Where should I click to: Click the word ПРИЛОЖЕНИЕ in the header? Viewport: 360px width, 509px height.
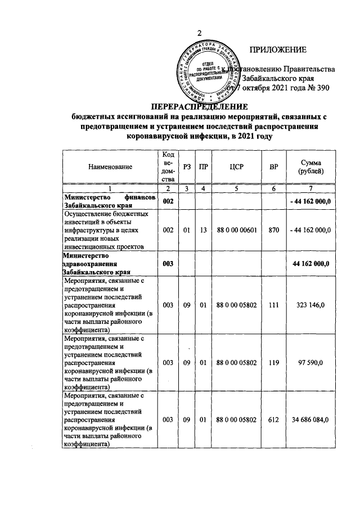pyautogui.click(x=278, y=50)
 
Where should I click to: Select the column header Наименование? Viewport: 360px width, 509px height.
pyautogui.click(x=110, y=166)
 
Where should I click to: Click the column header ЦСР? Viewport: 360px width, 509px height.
pyautogui.click(x=236, y=166)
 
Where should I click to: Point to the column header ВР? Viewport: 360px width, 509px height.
pyautogui.click(x=274, y=166)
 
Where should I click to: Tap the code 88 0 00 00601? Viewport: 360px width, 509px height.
pyautogui.click(x=236, y=229)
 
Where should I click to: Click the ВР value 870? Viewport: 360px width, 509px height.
pyautogui.click(x=274, y=229)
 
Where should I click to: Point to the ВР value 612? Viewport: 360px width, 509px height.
pyautogui.click(x=274, y=420)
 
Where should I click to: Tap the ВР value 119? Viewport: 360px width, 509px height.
pyautogui.click(x=274, y=363)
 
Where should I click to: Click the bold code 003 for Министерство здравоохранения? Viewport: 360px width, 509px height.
pyautogui.click(x=168, y=263)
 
